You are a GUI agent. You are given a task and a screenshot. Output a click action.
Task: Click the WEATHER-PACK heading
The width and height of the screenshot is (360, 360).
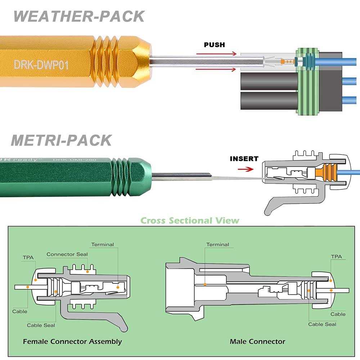point(79,17)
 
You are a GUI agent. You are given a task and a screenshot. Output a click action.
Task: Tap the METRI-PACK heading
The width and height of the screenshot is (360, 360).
point(61,140)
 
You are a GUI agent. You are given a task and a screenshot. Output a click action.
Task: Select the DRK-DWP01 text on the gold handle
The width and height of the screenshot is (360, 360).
point(41,64)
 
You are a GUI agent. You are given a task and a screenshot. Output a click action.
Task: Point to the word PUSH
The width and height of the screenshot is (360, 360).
point(214,45)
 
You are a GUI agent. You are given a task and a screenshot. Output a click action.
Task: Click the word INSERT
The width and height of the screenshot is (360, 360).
point(244,159)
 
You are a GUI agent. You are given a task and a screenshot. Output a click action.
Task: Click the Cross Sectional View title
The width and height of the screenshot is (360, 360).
point(190,220)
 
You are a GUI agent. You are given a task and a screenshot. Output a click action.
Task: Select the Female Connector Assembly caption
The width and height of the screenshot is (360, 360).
point(72,341)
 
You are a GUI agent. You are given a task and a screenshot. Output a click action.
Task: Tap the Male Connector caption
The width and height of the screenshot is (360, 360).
point(257,341)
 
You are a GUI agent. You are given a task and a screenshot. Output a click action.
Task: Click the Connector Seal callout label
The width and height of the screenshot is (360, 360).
point(67,254)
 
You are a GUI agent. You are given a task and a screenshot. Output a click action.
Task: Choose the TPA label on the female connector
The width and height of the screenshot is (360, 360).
point(28,258)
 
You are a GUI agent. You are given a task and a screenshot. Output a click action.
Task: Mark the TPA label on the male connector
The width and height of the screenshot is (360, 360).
point(336,257)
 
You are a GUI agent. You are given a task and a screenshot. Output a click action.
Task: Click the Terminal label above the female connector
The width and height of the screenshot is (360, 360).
point(102,244)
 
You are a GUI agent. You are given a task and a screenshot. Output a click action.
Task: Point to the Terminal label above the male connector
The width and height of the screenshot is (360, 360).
point(217,244)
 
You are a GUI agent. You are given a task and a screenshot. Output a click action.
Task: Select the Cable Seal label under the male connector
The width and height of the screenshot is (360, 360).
point(322,324)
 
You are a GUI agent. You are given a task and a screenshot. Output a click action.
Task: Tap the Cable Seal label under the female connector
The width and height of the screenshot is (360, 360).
point(41,325)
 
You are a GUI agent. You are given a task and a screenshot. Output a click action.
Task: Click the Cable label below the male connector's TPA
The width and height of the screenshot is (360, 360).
point(338,314)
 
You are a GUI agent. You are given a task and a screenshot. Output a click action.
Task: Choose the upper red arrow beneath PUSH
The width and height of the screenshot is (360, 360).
point(216,54)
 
